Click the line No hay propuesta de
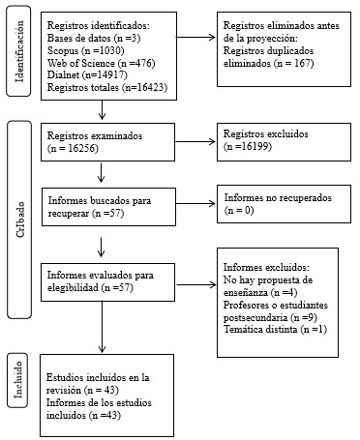(x=273, y=279)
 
